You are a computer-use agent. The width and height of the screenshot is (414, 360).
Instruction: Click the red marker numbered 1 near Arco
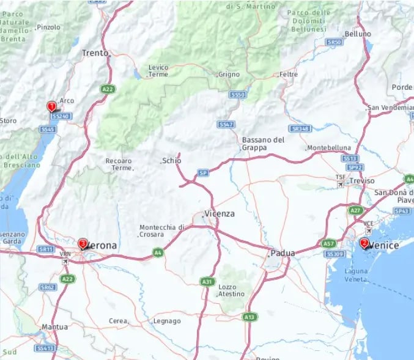[51, 106]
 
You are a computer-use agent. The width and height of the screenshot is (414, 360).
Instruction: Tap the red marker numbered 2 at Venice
[364, 243]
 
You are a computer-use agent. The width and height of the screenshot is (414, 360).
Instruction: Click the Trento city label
[95, 53]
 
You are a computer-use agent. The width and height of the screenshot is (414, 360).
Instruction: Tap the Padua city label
[283, 253]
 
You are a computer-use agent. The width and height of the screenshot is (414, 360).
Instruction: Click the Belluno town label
[358, 34]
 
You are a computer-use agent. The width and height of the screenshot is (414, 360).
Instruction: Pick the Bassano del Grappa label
[263, 144]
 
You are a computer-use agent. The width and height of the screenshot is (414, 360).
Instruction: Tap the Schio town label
[172, 161]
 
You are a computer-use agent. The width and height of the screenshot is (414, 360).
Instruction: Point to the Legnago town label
[167, 321]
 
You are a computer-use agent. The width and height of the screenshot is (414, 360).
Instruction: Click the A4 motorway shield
[158, 252]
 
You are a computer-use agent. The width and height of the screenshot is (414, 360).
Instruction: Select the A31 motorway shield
[207, 281]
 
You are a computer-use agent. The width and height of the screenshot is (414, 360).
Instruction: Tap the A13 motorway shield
[250, 317]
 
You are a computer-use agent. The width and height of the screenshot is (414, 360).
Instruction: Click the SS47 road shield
[226, 125]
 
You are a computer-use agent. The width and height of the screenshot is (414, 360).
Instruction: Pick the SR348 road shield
[300, 128]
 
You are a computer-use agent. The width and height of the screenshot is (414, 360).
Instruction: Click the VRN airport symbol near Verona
[65, 262]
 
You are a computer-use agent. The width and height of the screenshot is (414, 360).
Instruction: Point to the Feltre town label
[288, 75]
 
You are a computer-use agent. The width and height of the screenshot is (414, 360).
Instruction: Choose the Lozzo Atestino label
[231, 290]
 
